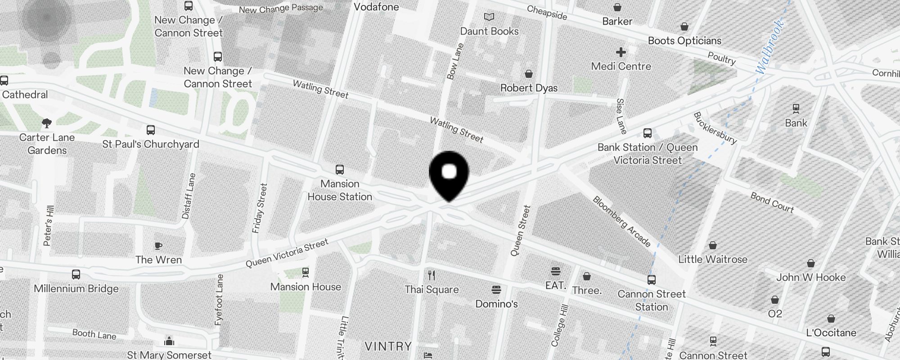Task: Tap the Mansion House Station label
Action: pos(340,190)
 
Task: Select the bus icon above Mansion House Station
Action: pos(340,170)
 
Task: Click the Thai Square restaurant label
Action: pos(432,289)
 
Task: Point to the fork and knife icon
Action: pos(432,275)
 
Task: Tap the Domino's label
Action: pos(496,304)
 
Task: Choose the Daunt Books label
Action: pos(489,31)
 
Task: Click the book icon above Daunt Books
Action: pos(489,17)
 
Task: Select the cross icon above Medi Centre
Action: pos(621,52)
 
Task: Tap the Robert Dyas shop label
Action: pos(529,88)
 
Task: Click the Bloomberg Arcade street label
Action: pos(622,221)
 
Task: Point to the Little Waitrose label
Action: pos(713,259)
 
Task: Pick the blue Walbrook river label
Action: pos(770,47)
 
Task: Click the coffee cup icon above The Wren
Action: pos(158,246)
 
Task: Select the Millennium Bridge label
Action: pos(76,288)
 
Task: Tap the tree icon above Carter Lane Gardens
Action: pos(46,123)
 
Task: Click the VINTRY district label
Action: pos(388,346)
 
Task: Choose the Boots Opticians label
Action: pos(684,40)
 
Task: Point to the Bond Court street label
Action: pos(772,202)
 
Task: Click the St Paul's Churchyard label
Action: pos(150,144)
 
